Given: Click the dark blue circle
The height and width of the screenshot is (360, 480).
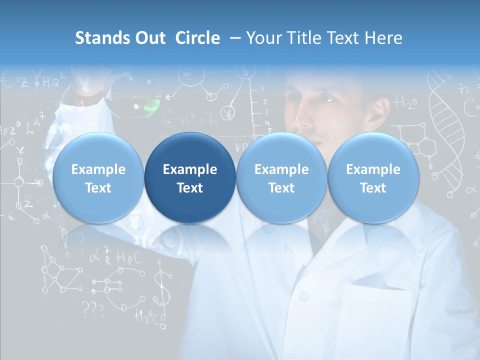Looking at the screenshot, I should coord(190,178).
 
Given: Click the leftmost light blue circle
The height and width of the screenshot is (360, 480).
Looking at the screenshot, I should coord(98,178).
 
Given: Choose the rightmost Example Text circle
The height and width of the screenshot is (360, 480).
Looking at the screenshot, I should coord(373,178).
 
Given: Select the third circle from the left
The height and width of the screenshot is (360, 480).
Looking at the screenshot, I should coord(281,178).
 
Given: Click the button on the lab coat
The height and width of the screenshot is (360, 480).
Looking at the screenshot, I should coord(303,294).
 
